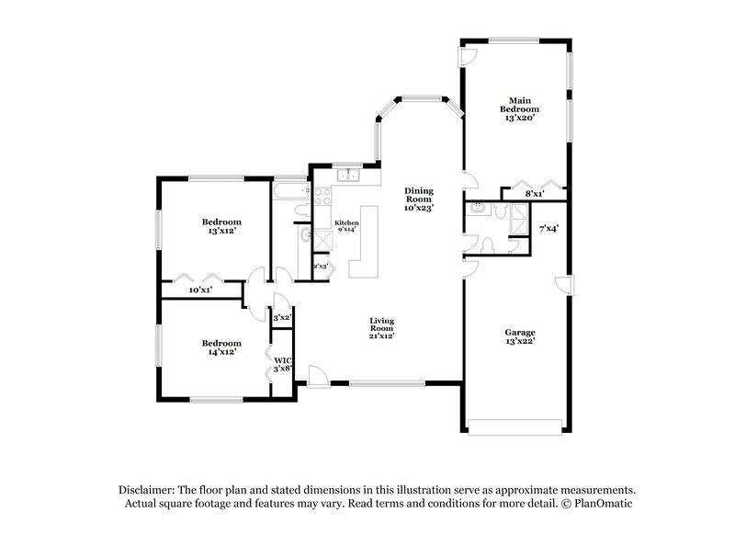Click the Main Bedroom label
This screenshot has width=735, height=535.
pos(518,108)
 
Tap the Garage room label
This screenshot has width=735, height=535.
pos(519,336)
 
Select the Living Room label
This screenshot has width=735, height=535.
pos(382,327)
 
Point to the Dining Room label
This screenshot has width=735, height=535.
pos(419,199)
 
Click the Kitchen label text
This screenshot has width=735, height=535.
pos(346,226)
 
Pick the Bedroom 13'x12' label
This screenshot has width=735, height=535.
pos(221,226)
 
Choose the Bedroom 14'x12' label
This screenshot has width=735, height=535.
pos(221,347)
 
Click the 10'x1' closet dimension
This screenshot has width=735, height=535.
pos(200,290)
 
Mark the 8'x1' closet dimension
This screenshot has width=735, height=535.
pos(534,194)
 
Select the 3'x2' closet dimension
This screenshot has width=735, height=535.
pos(282,317)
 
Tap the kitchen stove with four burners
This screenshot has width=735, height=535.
pos(322,195)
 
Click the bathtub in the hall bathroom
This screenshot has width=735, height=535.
pos(290,192)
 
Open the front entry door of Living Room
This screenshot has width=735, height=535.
pos(317,374)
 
